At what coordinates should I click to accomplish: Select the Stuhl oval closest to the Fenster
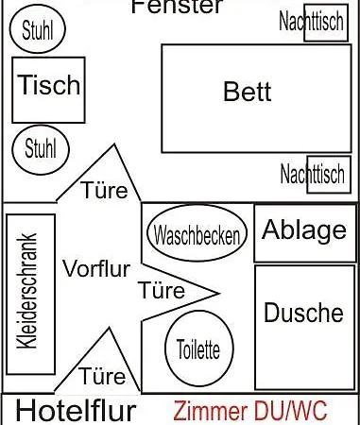pos(37,30)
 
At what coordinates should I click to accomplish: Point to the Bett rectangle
pos(248,92)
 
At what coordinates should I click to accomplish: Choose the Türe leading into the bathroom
pos(163,289)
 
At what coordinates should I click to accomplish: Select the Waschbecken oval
pos(197,233)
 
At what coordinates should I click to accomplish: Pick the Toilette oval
pos(197,348)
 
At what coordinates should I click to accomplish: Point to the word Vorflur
pos(95,267)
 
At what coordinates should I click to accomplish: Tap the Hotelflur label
pos(77,411)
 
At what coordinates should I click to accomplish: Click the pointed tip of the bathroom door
pos(219,290)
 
